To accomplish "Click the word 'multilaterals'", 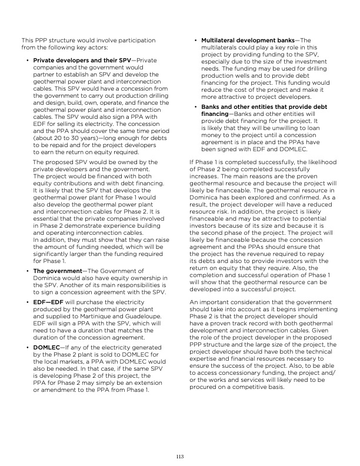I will coord(221,47).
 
